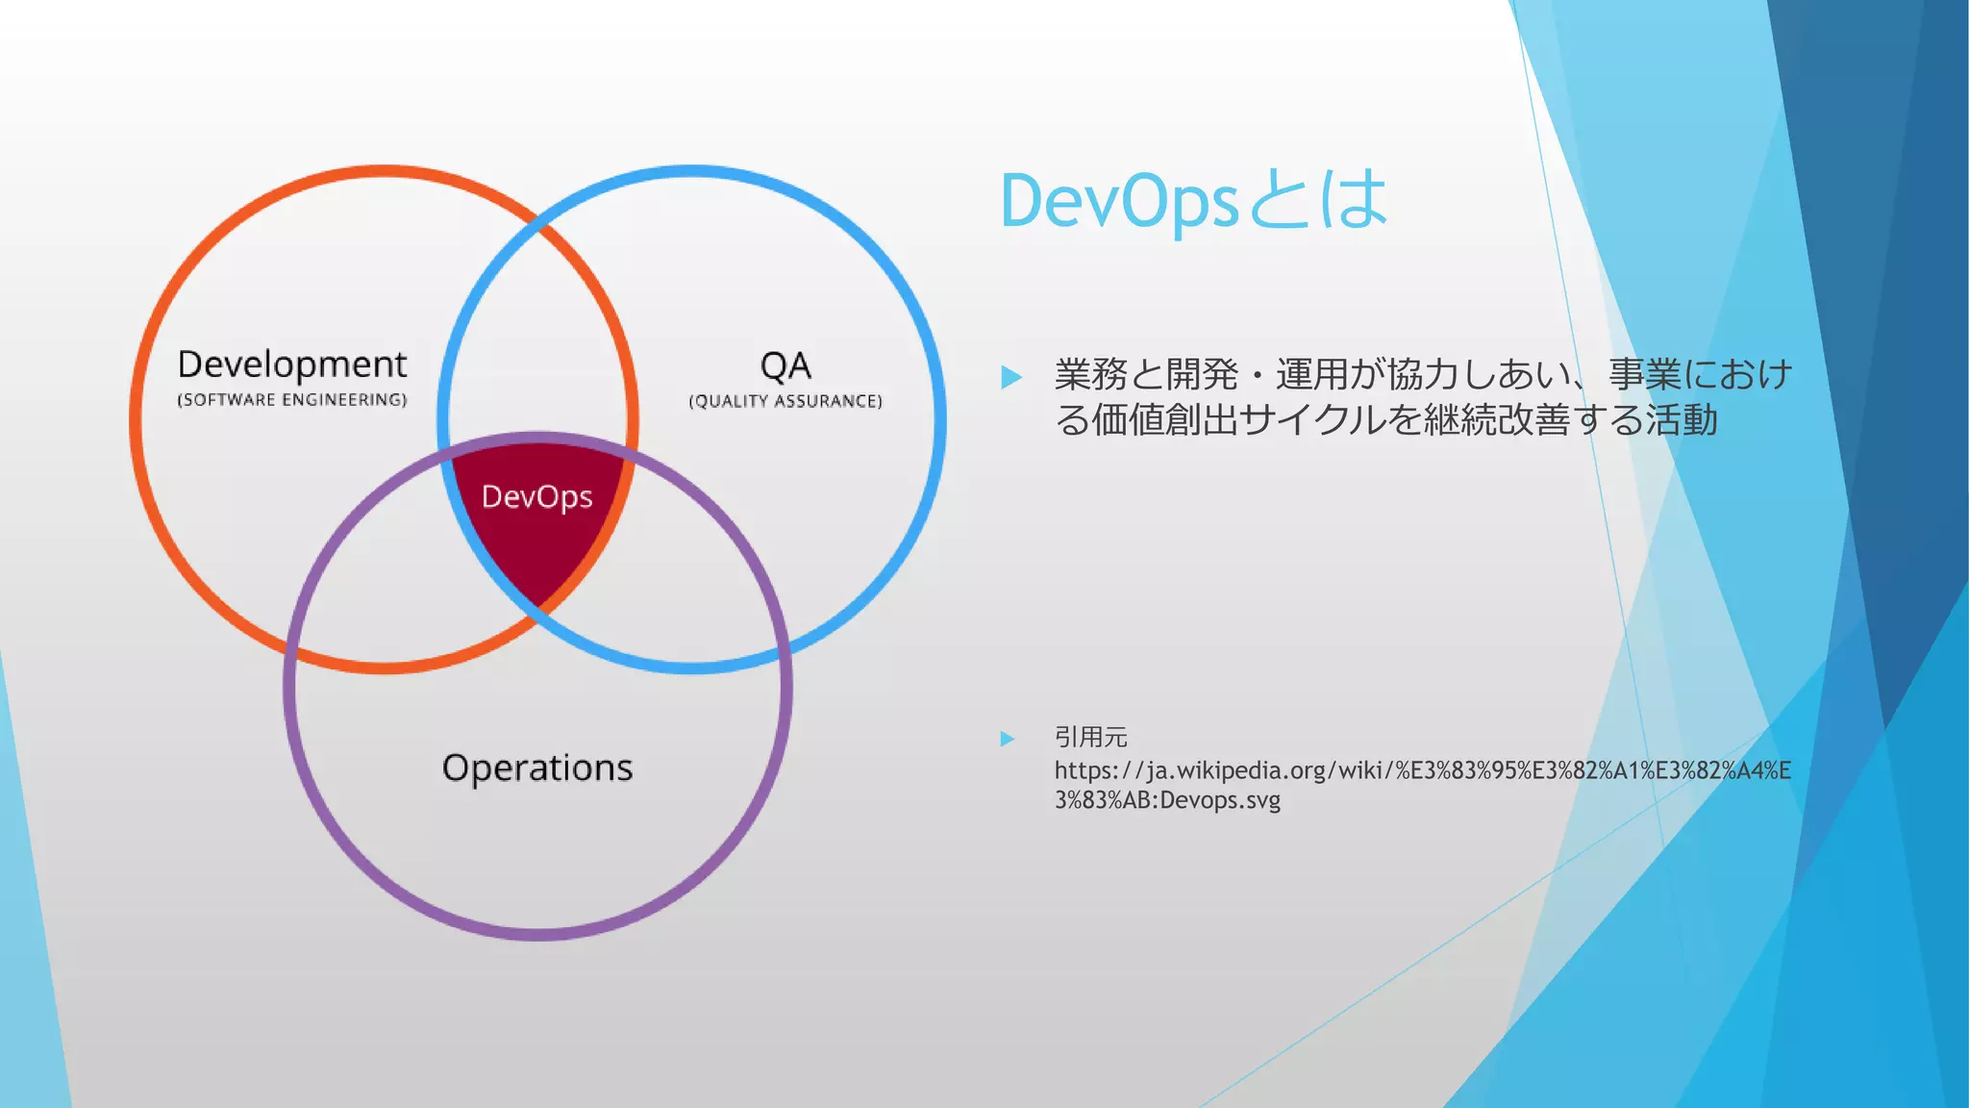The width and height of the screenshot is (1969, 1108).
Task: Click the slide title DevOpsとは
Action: [x=1192, y=201]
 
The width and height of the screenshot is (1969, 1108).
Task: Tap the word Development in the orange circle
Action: [x=292, y=365]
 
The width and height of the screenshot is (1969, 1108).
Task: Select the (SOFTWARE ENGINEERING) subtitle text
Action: [x=292, y=400]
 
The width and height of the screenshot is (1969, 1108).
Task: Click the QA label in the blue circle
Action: [x=785, y=366]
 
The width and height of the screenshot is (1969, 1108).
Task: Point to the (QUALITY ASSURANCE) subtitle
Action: [x=785, y=401]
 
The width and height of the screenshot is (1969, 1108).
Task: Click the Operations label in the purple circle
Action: [x=537, y=768]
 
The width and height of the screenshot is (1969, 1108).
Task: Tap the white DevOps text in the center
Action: [x=536, y=497]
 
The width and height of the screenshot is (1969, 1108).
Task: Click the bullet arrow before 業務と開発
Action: [x=1010, y=377]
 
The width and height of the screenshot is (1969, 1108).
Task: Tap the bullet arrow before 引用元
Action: [x=1008, y=739]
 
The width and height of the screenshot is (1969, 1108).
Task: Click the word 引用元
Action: [x=1090, y=738]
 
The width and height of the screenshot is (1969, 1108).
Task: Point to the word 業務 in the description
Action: [x=1090, y=374]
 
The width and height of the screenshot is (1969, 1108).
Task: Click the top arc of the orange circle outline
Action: [x=384, y=171]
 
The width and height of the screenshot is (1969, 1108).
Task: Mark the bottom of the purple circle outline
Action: [x=538, y=934]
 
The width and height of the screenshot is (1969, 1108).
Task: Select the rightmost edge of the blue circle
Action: [x=940, y=419]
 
